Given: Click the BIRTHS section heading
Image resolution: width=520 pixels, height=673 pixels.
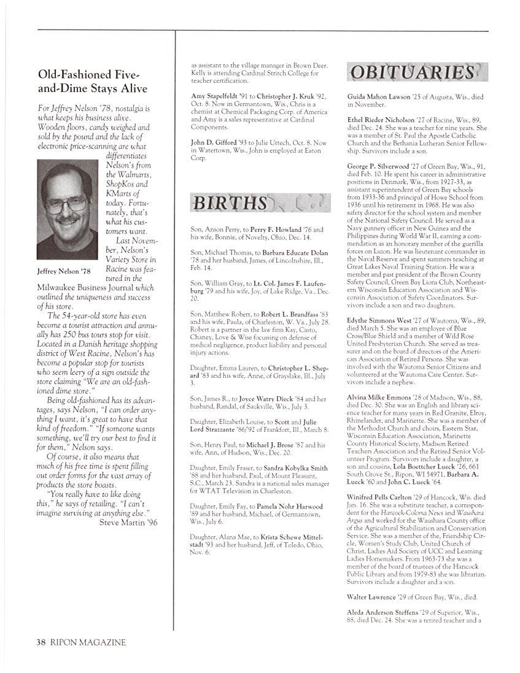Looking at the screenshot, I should (x=230, y=203).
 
